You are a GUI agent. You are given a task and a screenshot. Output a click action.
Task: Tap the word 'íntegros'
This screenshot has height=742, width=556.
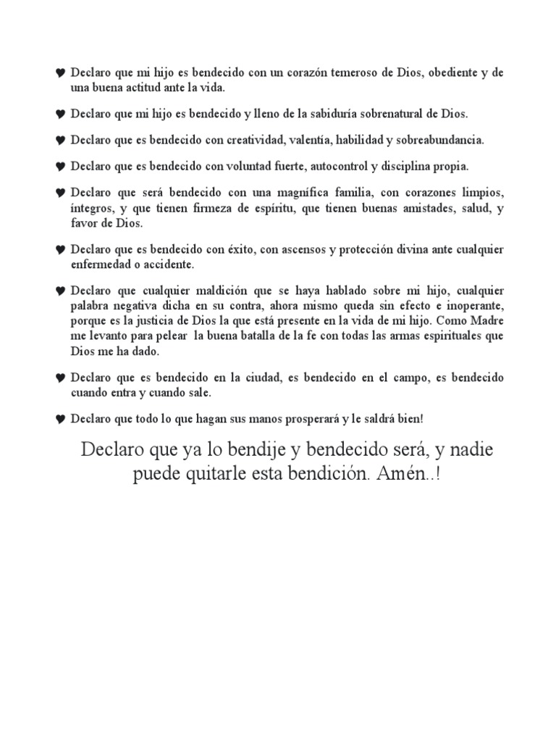click(93, 208)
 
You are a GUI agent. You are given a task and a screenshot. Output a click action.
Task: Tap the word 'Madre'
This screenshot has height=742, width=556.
click(486, 320)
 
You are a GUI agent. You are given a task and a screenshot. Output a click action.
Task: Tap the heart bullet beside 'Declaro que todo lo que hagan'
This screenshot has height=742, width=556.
click(60, 420)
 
